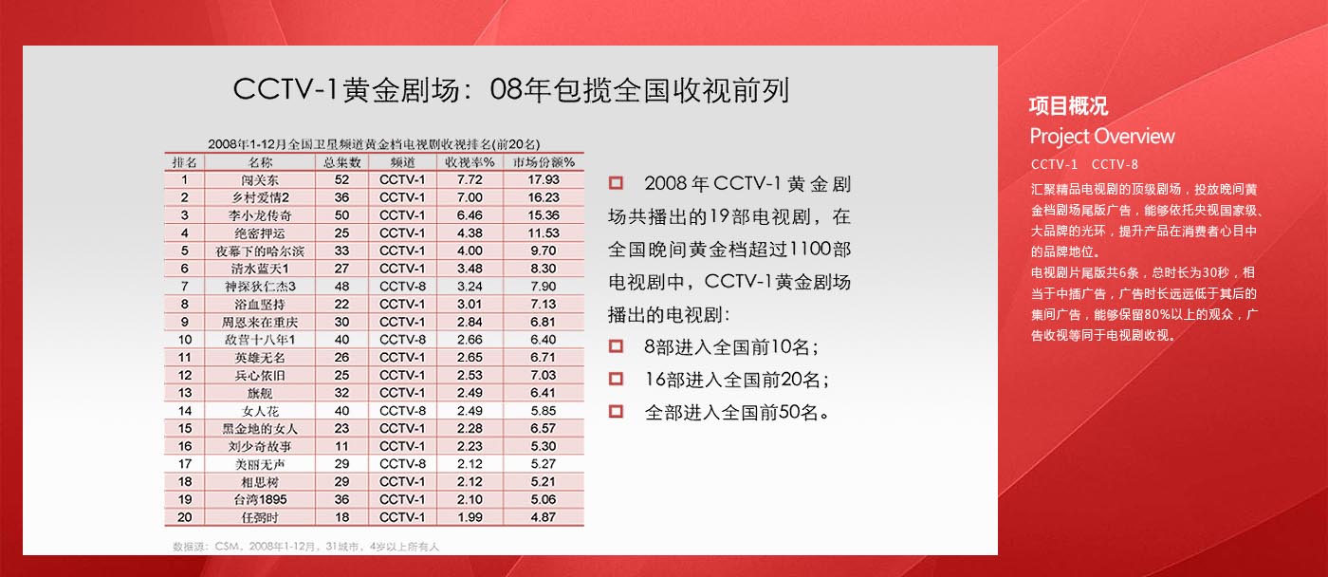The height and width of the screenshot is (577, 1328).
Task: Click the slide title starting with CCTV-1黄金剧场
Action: [511, 90]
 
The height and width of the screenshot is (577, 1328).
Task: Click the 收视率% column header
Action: [470, 162]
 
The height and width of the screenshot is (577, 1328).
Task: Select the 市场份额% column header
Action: [543, 162]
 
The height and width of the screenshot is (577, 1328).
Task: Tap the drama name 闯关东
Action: [260, 179]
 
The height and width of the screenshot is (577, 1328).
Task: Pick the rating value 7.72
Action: [470, 179]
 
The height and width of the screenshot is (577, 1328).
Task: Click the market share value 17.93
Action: [543, 179]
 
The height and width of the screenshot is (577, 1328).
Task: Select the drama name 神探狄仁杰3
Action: [260, 287]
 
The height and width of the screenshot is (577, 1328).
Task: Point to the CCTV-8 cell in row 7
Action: [402, 287]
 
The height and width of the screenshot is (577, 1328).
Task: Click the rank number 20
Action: [184, 517]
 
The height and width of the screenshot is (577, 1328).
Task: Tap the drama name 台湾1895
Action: [260, 499]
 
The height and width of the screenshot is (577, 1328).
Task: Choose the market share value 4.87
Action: [543, 517]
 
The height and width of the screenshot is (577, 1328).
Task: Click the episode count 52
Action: [341, 179]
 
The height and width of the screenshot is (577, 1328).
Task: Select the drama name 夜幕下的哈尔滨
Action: [260, 251]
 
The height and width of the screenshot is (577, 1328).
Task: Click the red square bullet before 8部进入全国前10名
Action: [616, 345]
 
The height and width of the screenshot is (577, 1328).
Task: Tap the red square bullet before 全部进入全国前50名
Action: [616, 411]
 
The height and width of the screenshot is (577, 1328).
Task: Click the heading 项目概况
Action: [1068, 106]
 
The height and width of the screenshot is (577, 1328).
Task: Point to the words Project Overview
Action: [1102, 137]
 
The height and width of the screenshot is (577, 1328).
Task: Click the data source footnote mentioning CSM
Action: [305, 547]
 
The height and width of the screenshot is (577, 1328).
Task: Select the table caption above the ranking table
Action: [374, 144]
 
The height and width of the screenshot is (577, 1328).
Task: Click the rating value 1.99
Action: [470, 517]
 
